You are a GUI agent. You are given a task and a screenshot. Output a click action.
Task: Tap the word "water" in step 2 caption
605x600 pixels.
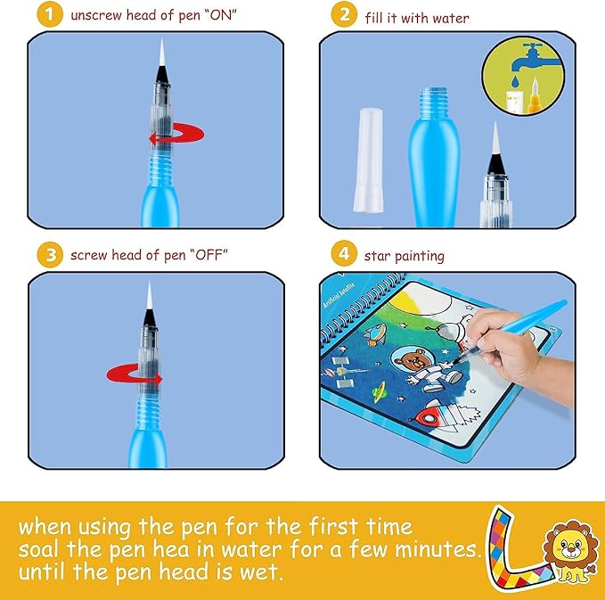[x=452, y=18]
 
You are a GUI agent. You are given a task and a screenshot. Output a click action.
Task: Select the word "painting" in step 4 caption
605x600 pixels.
[x=418, y=256]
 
